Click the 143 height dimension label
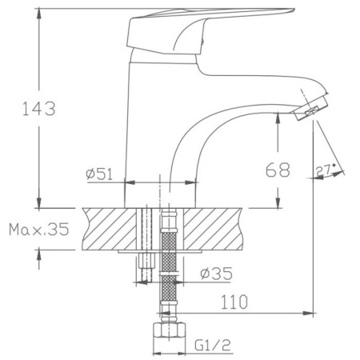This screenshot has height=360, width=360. tap(39, 108)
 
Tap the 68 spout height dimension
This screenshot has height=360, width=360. tap(278, 170)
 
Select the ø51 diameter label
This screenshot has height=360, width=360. tap(99, 174)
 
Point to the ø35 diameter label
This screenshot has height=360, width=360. tap(216, 274)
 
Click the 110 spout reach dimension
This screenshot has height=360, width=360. tap(234, 302)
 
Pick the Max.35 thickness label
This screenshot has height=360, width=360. tap(39, 229)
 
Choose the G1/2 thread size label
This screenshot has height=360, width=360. tap(212, 346)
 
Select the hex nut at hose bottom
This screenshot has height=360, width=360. tap(169, 330)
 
